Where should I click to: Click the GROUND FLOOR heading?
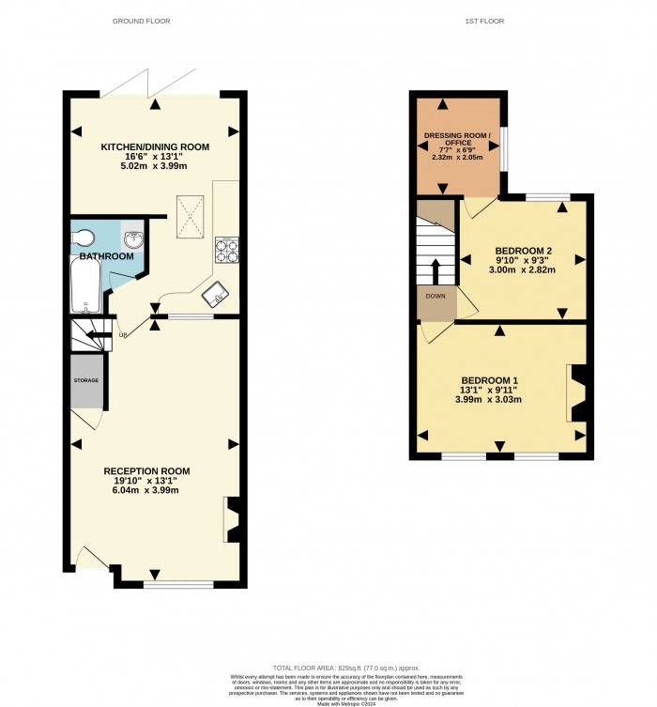[x=141, y=21]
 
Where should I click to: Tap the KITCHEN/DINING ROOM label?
[x=156, y=147]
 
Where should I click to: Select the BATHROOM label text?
[x=106, y=255]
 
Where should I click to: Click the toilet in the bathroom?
[x=83, y=236]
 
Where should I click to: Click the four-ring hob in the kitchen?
[x=226, y=250]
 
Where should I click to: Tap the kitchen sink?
[x=217, y=294]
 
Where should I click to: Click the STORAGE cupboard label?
[x=86, y=380]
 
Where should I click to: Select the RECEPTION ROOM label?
[x=147, y=470]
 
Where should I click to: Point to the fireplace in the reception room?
[x=232, y=519]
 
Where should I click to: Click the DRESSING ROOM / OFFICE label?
[x=457, y=140]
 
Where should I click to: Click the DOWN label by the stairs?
[x=435, y=296]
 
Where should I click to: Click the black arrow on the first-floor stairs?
[x=435, y=270]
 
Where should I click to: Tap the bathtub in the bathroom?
[x=84, y=285]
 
